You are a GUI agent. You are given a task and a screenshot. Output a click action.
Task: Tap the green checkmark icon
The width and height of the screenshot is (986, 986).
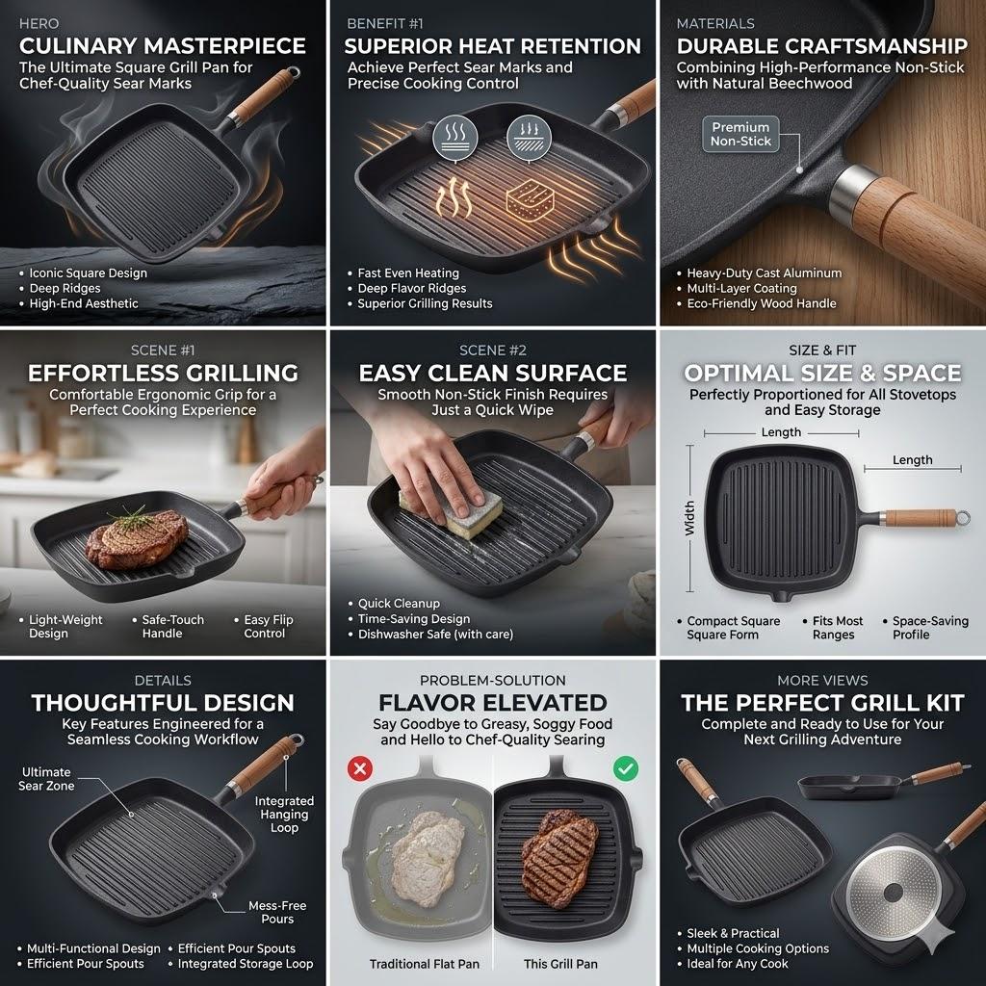coord(626,768)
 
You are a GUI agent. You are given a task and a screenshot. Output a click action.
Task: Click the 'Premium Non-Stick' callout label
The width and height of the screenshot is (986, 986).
coord(740,134)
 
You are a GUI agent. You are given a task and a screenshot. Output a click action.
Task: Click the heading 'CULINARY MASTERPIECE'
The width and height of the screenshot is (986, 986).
coord(163,45)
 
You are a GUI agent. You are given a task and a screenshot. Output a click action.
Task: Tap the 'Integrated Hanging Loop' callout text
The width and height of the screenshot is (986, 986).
coord(284,815)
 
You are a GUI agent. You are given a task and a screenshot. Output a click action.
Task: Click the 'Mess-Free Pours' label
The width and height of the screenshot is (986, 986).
coord(277,912)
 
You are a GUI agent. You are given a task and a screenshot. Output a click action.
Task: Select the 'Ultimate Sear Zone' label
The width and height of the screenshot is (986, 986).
coord(46,779)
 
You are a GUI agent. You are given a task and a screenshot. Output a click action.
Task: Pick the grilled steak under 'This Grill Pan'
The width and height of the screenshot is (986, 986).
coord(559,843)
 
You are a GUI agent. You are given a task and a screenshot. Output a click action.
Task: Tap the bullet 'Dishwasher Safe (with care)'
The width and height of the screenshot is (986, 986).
coord(435,635)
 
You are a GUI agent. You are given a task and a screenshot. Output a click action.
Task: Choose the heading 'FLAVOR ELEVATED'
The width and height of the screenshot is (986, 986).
coord(492,702)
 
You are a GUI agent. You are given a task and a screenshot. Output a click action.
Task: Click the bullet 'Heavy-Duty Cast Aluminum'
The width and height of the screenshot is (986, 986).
coord(764,273)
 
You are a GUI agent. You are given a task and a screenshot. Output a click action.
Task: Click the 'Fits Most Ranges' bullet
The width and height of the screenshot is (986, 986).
coord(833,628)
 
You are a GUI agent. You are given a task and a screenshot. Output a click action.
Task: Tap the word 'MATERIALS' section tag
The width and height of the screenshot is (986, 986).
coord(715,23)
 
